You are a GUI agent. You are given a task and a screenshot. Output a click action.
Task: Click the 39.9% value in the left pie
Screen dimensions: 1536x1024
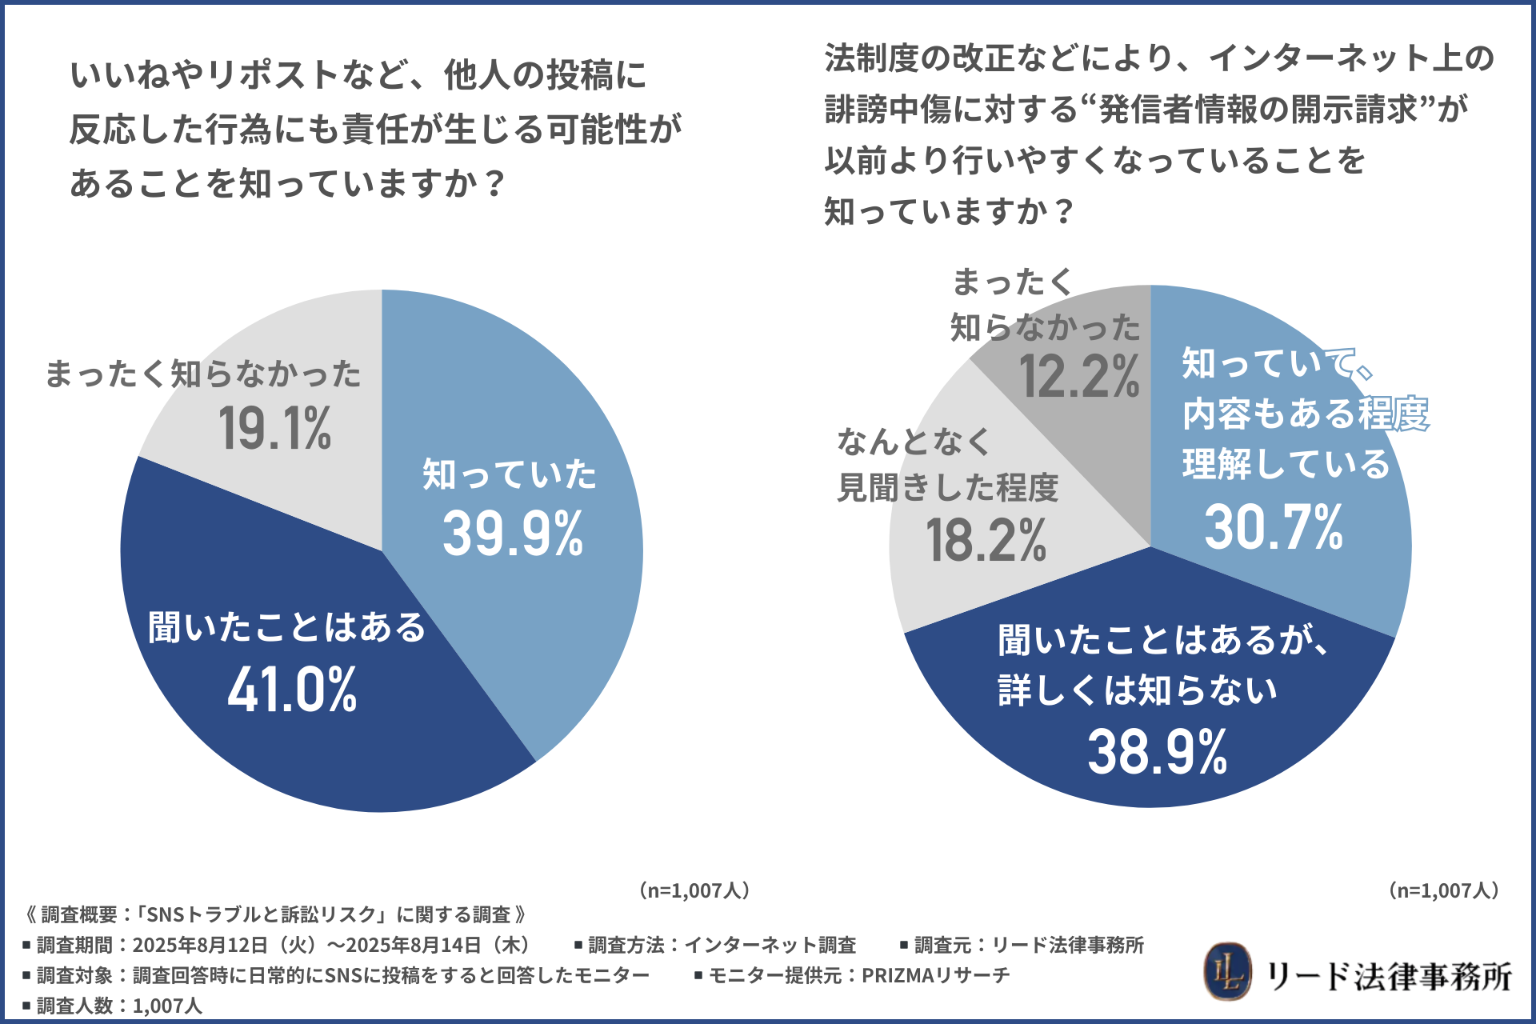pyautogui.click(x=513, y=534)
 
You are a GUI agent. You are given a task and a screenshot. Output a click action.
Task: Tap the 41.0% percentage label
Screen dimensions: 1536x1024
pyautogui.click(x=292, y=690)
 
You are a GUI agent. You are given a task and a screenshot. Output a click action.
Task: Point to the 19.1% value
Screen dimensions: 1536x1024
pyautogui.click(x=274, y=428)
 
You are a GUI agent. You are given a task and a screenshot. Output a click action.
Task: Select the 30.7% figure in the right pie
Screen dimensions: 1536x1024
pyautogui.click(x=1274, y=527)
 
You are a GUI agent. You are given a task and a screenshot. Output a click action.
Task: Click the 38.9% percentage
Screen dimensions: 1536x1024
pyautogui.click(x=1157, y=752)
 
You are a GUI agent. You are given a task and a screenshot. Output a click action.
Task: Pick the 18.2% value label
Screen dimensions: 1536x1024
pyautogui.click(x=986, y=540)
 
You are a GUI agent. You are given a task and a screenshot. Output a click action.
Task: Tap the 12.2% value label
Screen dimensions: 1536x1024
pyautogui.click(x=1079, y=376)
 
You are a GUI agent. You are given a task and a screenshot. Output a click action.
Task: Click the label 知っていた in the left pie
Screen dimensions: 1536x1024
pyautogui.click(x=510, y=474)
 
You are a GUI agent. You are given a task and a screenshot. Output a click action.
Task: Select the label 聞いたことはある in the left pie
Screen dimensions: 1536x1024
pyautogui.click(x=287, y=626)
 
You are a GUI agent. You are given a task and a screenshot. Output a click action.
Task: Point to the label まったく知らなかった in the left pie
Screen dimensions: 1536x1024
pyautogui.click(x=203, y=374)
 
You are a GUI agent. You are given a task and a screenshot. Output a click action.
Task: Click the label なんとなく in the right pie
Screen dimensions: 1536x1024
pyautogui.click(x=914, y=442)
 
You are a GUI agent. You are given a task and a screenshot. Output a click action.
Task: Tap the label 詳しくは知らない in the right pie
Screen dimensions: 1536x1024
pyautogui.click(x=1138, y=690)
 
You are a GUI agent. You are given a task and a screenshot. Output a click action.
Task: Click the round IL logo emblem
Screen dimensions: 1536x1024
pyautogui.click(x=1227, y=973)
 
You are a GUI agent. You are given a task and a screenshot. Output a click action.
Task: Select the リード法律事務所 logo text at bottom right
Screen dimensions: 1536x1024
pyautogui.click(x=1390, y=976)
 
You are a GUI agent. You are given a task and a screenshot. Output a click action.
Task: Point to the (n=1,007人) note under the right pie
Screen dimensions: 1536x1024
pyautogui.click(x=1444, y=890)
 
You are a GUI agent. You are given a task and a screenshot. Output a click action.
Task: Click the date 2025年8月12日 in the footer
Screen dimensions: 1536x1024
pyautogui.click(x=200, y=945)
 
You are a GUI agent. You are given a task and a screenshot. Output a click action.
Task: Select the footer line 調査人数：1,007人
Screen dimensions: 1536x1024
pyautogui.click(x=113, y=1006)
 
